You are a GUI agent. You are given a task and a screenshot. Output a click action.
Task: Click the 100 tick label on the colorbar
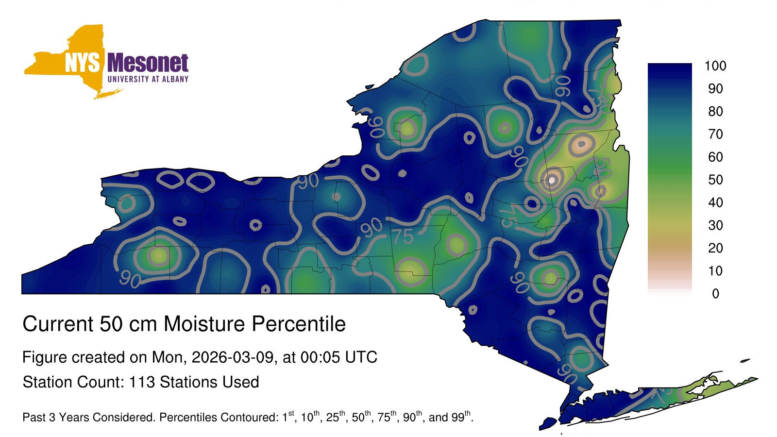pyautogui.click(x=715, y=66)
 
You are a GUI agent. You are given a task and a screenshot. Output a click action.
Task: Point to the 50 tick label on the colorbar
pyautogui.click(x=715, y=180)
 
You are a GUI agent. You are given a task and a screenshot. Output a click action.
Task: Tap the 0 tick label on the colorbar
pyautogui.click(x=716, y=294)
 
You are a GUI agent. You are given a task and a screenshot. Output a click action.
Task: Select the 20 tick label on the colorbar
pyautogui.click(x=715, y=248)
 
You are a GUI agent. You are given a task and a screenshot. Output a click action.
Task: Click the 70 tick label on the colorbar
pyautogui.click(x=715, y=134)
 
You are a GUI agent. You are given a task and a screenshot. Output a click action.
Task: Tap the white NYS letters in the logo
pyautogui.click(x=83, y=63)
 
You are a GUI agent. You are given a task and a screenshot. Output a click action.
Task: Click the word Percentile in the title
pyautogui.click(x=299, y=324)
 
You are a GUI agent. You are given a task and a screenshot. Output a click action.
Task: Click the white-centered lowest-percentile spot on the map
pyautogui.click(x=552, y=180)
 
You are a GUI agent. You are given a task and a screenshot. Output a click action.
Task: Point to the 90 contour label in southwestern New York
pyautogui.click(x=130, y=279)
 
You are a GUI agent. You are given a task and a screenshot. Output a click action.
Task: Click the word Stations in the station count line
pyautogui.click(x=189, y=382)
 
